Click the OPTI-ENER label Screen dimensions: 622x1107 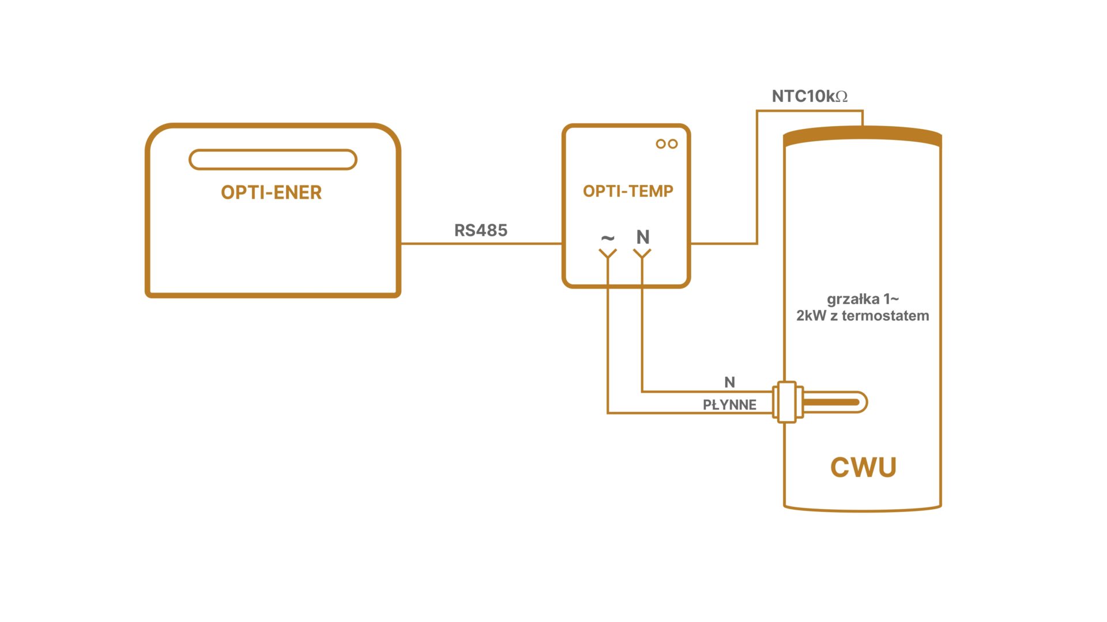[x=271, y=192]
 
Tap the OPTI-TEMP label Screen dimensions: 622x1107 [x=628, y=191]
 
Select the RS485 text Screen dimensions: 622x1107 [x=481, y=230]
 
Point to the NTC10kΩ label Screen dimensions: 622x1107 [x=809, y=96]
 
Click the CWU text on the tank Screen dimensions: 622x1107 [x=863, y=467]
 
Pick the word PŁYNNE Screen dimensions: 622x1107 [x=729, y=405]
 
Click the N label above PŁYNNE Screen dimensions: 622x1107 [x=729, y=382]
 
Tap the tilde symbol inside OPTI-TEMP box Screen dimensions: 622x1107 [x=608, y=237]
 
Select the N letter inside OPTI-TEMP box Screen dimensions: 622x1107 [x=643, y=237]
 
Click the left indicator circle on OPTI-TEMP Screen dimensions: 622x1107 [x=661, y=144]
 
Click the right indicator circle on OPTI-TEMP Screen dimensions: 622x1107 [x=673, y=144]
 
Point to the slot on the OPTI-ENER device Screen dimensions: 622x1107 [x=273, y=160]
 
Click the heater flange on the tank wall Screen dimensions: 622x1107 [x=786, y=402]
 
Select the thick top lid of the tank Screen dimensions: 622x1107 [x=863, y=136]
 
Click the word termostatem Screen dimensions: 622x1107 [x=894, y=316]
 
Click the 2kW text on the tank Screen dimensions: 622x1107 [x=811, y=316]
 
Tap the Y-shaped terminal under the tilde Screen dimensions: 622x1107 [x=608, y=254]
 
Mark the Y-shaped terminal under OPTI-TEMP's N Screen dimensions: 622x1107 [x=642, y=254]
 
